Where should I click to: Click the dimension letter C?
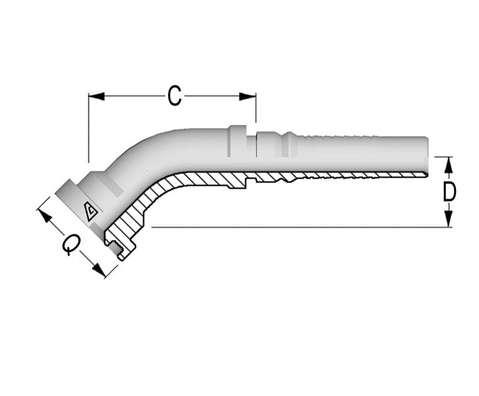point(174,96)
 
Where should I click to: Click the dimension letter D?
point(449,192)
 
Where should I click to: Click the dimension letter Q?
point(72,244)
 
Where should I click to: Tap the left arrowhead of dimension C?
point(96,96)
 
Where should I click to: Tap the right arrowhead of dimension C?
point(248,96)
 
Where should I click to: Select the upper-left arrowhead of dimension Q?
point(46,216)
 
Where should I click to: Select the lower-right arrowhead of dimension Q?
point(99,270)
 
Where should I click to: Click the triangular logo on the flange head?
point(91,211)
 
